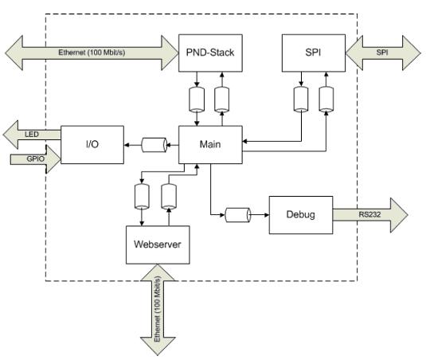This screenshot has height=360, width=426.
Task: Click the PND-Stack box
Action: (x=210, y=53)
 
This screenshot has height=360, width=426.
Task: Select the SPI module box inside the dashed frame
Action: (x=314, y=53)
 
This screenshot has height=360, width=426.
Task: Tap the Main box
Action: (x=210, y=144)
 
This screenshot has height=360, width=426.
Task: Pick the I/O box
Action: (x=92, y=144)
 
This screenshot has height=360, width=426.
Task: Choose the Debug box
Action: (x=301, y=214)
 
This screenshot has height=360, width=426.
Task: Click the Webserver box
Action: (x=158, y=245)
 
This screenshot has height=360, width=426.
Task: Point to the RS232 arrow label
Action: (x=369, y=214)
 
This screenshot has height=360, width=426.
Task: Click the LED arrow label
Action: (x=32, y=135)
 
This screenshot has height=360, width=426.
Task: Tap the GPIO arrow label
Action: (x=36, y=158)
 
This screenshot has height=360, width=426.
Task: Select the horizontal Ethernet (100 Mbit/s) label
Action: (x=92, y=52)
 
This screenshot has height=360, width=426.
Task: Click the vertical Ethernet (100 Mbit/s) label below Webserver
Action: (x=158, y=309)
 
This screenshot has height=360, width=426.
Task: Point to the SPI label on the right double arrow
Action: (x=382, y=53)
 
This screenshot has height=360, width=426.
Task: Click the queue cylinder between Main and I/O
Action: (x=154, y=145)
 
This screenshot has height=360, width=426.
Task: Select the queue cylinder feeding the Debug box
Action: (x=238, y=215)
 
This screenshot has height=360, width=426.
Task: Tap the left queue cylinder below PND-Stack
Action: (x=197, y=100)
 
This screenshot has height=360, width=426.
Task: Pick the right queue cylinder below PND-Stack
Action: (x=221, y=100)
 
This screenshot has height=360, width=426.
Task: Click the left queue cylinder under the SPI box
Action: (x=301, y=100)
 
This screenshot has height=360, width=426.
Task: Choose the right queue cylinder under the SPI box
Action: (x=326, y=100)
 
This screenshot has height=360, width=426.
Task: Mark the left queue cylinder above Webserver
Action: (x=142, y=197)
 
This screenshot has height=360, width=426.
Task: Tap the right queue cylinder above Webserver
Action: (x=169, y=197)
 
